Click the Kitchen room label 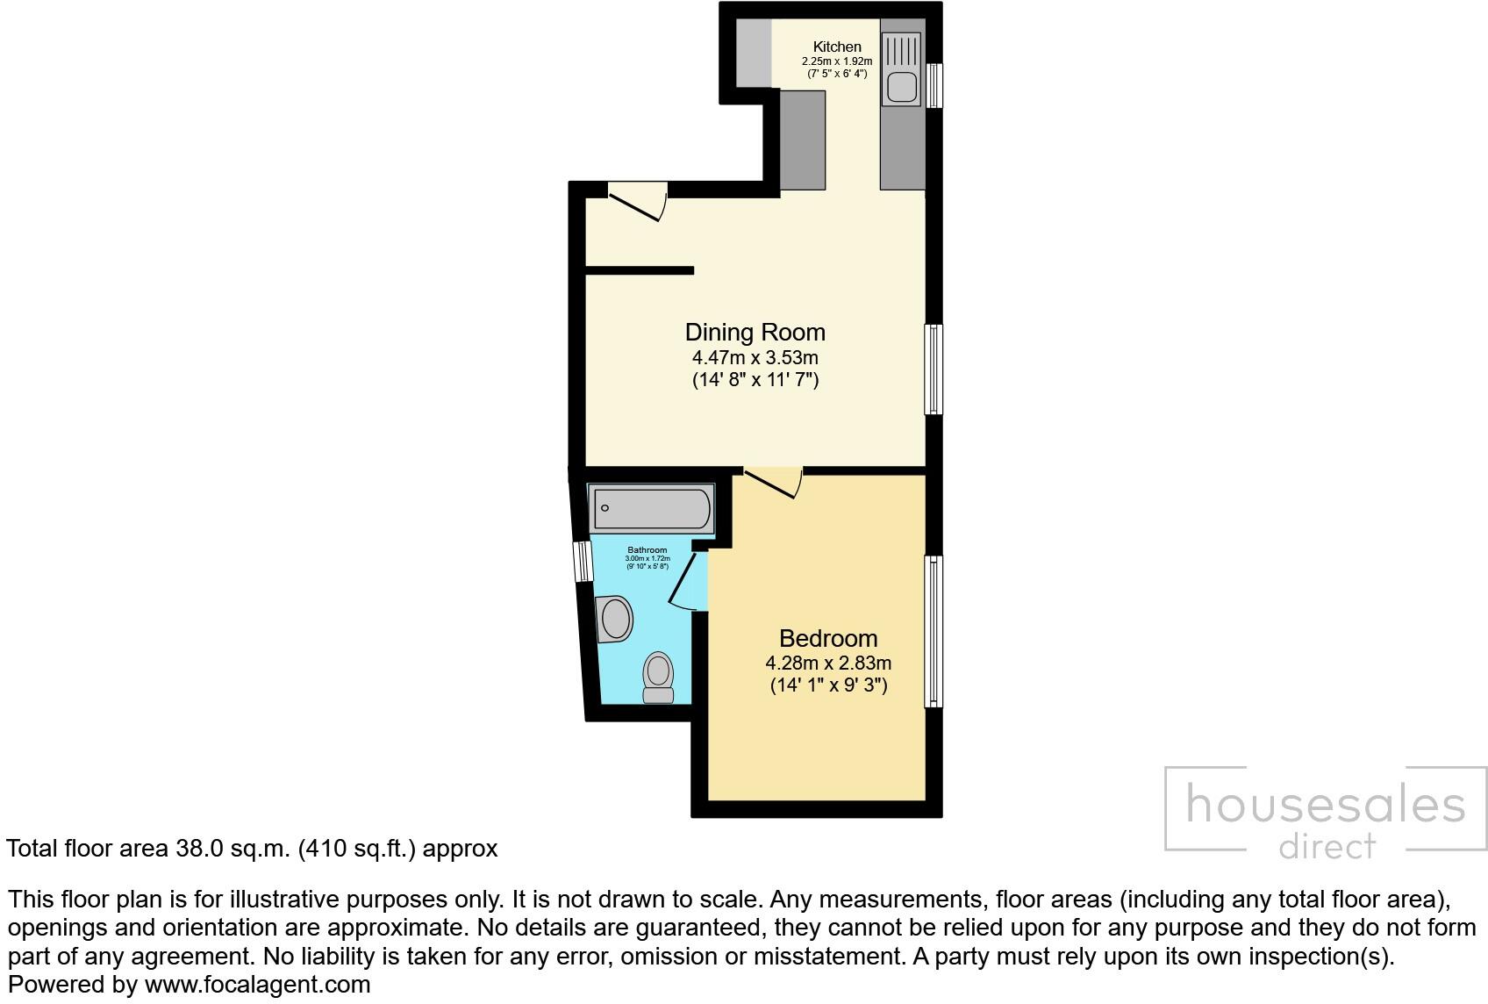[x=836, y=47]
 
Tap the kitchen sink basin [x=901, y=87]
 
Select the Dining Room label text [x=755, y=333]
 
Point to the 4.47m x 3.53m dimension [x=755, y=358]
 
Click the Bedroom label [x=827, y=638]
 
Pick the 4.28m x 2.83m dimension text [x=827, y=663]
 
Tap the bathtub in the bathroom [x=651, y=508]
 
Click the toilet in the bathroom [x=658, y=678]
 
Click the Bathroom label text [x=647, y=550]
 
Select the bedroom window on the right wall [x=934, y=631]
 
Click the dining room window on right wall [x=934, y=369]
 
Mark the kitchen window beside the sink [x=935, y=85]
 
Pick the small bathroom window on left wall [x=582, y=561]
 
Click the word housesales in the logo [x=1325, y=805]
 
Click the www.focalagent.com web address [x=257, y=985]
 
